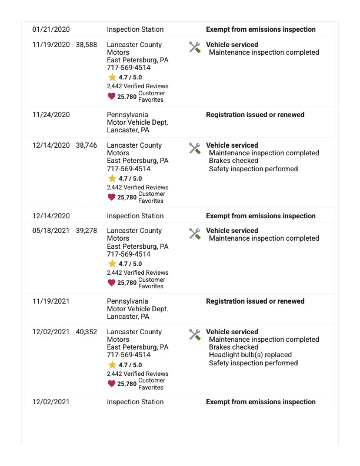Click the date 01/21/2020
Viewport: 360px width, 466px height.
point(51,29)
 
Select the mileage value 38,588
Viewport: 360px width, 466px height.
point(86,45)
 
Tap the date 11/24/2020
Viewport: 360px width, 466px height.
point(51,115)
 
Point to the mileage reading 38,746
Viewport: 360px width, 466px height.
point(86,145)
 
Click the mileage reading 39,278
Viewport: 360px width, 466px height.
point(86,231)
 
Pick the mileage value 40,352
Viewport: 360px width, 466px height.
point(86,332)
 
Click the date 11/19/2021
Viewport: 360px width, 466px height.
point(51,301)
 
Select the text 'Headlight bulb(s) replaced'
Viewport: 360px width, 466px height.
point(250,355)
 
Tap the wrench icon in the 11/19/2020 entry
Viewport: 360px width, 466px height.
point(195,47)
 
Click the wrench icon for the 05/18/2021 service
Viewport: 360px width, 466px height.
point(195,234)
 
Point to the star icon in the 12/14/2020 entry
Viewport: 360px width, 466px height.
point(112,178)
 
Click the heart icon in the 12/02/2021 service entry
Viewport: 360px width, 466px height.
point(112,384)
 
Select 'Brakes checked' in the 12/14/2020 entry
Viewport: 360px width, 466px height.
point(234,161)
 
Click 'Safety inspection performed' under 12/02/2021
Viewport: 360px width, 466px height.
point(253,363)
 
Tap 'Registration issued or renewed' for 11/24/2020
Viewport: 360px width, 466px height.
point(255,115)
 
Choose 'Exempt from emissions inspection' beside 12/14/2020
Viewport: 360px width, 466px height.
point(261,216)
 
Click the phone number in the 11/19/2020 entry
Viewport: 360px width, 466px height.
point(128,68)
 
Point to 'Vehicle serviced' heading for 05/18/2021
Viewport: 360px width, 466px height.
point(232,231)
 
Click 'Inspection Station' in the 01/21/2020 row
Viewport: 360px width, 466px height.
point(135,29)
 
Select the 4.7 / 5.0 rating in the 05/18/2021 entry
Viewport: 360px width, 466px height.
point(130,264)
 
